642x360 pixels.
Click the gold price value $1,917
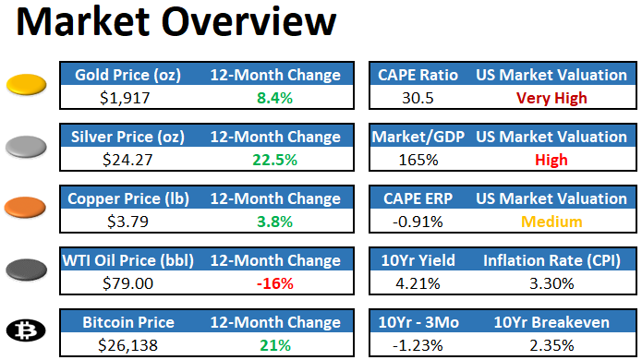125,98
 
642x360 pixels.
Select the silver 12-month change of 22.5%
274,160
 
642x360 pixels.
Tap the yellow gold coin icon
26,85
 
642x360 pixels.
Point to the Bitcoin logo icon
26,330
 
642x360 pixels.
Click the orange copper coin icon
25,208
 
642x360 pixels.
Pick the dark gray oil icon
26,270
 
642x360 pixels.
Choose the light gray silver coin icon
26,147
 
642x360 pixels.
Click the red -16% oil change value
274,283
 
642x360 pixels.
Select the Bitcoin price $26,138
127,345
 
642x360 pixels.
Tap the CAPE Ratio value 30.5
418,98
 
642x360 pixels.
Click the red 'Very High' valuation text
551,98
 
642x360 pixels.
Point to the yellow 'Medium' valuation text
551,222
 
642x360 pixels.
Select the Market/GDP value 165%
418,160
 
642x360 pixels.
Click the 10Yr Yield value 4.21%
418,283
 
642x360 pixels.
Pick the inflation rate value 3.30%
551,283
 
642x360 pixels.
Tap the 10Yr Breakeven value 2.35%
551,345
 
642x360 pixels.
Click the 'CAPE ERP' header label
418,198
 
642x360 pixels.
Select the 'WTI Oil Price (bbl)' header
127,260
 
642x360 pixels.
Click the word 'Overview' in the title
248,21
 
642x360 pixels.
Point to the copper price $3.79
127,222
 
